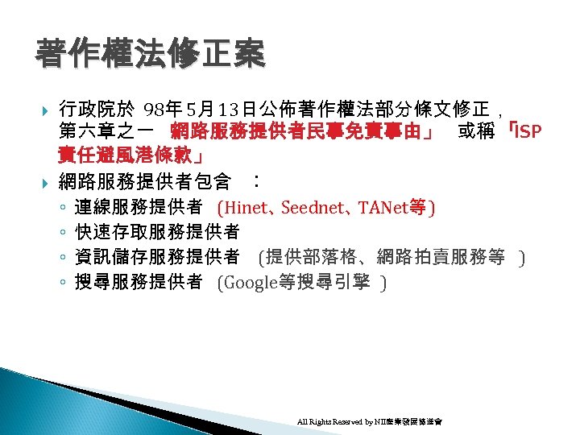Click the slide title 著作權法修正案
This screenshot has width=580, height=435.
tap(149, 55)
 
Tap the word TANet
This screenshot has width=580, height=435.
tap(390, 208)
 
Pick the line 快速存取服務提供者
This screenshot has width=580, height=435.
tap(157, 233)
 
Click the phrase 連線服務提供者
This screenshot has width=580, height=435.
tap(138, 208)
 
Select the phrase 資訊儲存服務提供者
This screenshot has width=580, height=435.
tap(157, 258)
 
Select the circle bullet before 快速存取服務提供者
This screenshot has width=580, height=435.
tap(63, 234)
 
